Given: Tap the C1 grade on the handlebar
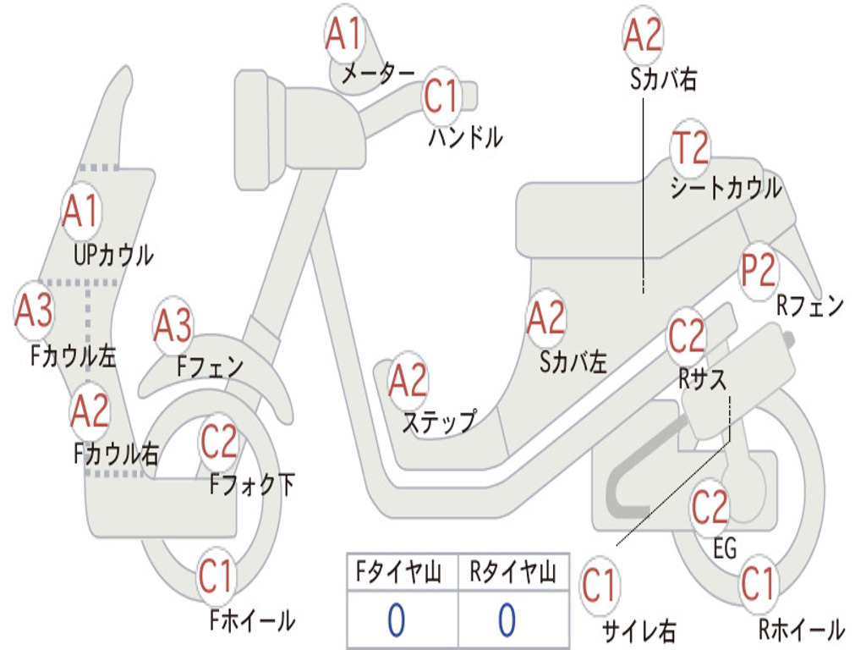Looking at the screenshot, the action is click(x=441, y=96).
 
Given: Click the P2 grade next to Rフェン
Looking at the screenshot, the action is click(x=758, y=272).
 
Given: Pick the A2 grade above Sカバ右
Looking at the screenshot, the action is click(x=643, y=36).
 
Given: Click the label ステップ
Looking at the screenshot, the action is click(x=438, y=421).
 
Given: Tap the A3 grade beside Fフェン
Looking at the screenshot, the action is click(x=173, y=326).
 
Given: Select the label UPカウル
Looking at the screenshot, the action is click(x=113, y=255).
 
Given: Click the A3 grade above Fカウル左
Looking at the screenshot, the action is click(x=35, y=311).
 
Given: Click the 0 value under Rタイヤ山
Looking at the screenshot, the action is click(x=507, y=620).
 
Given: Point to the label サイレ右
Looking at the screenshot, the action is click(x=639, y=631).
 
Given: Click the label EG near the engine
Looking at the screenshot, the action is click(x=725, y=548).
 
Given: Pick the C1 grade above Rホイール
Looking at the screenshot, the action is click(x=758, y=584).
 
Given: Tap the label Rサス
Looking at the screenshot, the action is click(x=702, y=379).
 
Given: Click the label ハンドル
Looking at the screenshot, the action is click(x=465, y=136).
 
